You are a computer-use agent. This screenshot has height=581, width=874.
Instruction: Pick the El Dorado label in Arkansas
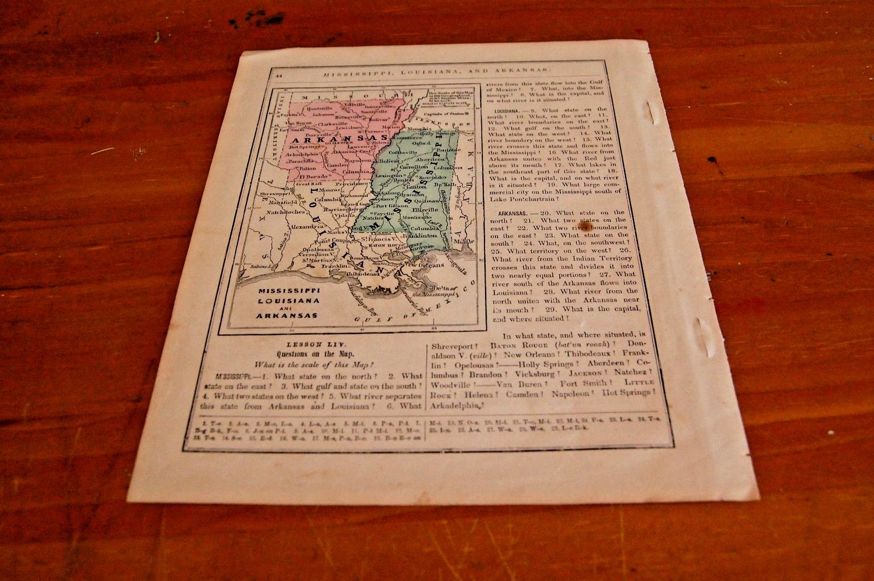tap(310, 177)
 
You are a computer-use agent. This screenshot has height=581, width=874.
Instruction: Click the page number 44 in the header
tap(279, 75)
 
